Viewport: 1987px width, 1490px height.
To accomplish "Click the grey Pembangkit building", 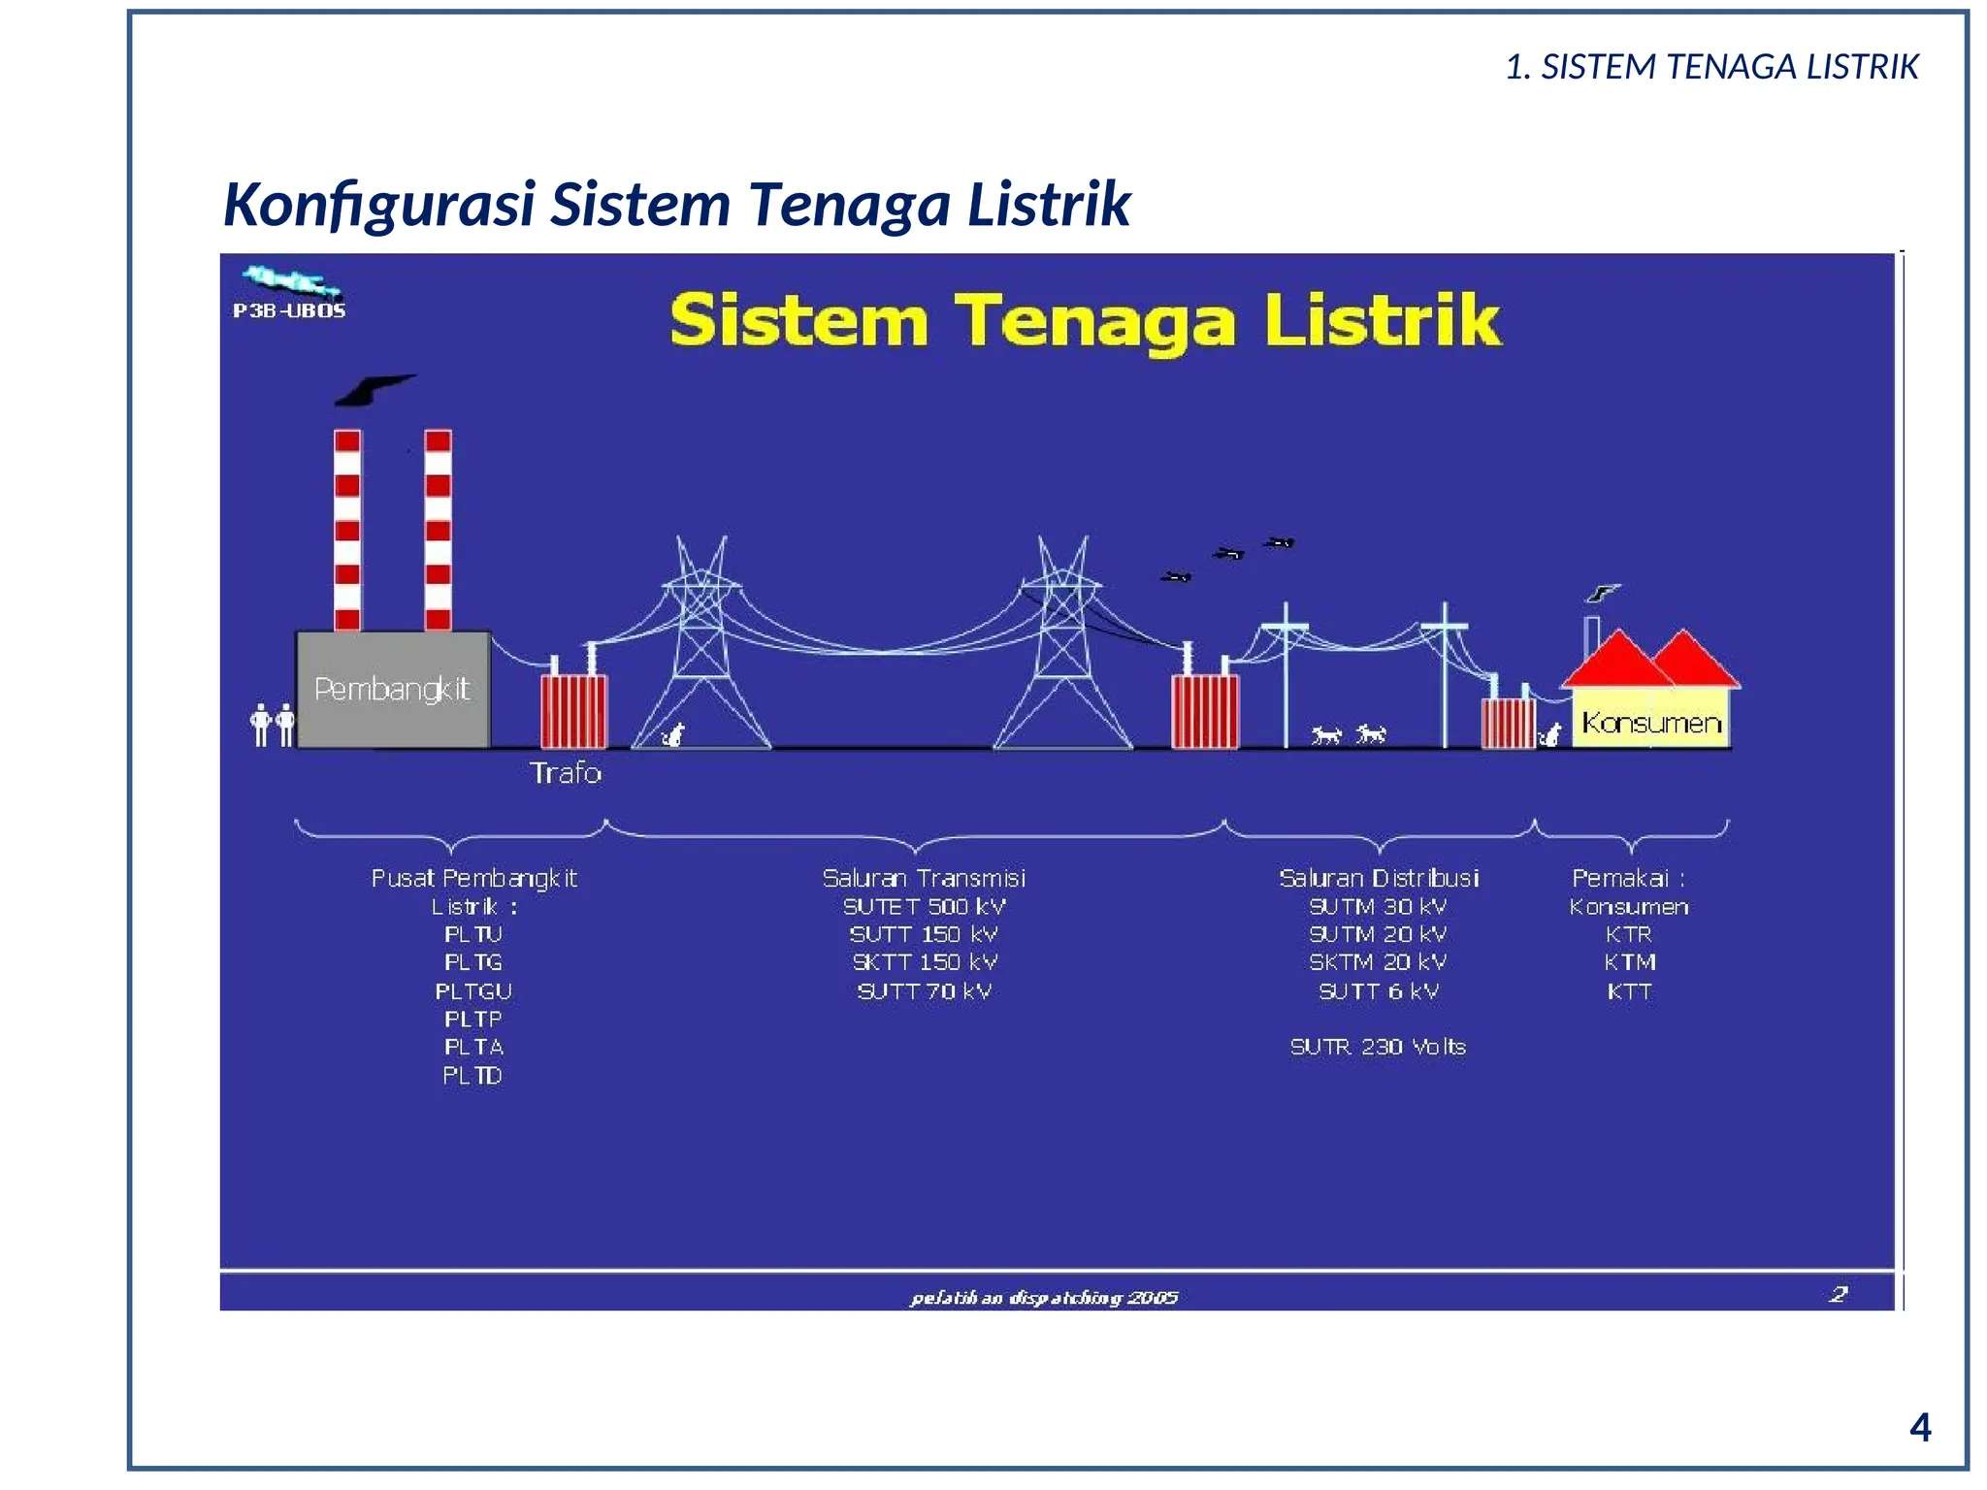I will [x=392, y=690].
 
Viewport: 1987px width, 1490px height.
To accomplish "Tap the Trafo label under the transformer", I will [x=566, y=773].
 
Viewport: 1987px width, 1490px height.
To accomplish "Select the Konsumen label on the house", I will [x=1650, y=723].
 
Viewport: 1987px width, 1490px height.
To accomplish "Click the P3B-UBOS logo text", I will [x=289, y=310].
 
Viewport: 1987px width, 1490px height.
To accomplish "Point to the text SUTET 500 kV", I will [x=924, y=907].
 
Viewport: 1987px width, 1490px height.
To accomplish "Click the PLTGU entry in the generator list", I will [x=473, y=991].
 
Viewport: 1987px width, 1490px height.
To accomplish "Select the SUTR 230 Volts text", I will [x=1378, y=1047].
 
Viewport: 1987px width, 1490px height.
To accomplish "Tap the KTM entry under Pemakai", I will [x=1629, y=962].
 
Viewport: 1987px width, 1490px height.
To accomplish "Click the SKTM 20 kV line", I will [x=1378, y=962].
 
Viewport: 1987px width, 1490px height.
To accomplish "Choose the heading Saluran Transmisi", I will [x=924, y=878].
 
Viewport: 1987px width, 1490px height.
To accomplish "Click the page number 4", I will [x=1919, y=1427].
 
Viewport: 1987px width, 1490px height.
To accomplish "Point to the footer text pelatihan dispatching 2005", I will [x=1044, y=1298].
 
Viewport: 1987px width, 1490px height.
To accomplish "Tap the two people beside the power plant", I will [x=273, y=724].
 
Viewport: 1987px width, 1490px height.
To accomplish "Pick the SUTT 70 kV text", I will [x=924, y=991].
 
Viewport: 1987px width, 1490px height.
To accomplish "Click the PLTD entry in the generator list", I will [x=472, y=1076].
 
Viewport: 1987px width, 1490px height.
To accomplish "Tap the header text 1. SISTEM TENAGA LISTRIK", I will [x=1711, y=67].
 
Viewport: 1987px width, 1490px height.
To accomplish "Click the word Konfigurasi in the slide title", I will [x=379, y=205].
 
